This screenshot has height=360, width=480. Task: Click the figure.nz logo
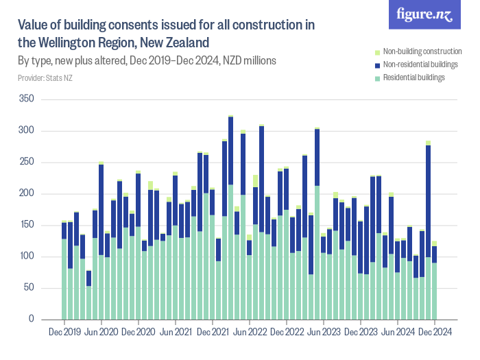[x=424, y=15]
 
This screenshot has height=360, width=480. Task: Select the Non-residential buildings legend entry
[x=420, y=64]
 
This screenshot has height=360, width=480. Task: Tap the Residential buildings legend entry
[x=414, y=77]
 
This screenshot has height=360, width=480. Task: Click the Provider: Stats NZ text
[x=45, y=77]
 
